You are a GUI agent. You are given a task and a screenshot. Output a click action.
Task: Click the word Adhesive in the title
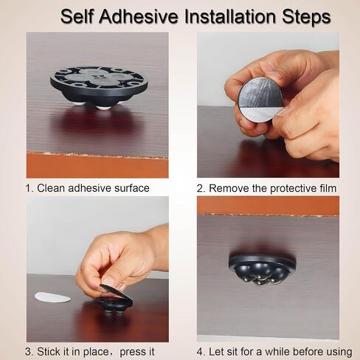pyautogui.click(x=139, y=17)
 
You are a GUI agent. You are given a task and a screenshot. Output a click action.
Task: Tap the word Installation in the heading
pyautogui.click(x=230, y=17)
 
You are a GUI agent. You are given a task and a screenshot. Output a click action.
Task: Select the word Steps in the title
pyautogui.click(x=306, y=18)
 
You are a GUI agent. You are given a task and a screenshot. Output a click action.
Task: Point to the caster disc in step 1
pyautogui.click(x=99, y=87)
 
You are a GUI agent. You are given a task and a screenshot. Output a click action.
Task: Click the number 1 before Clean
pyautogui.click(x=29, y=188)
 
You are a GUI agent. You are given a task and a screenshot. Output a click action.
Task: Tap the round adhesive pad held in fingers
pyautogui.click(x=260, y=102)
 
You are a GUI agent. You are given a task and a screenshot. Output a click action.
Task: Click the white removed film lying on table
pyautogui.click(x=52, y=297)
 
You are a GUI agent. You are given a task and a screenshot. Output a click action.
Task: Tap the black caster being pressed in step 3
pyautogui.click(x=114, y=300)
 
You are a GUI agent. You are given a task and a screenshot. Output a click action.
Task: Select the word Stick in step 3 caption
pyautogui.click(x=49, y=352)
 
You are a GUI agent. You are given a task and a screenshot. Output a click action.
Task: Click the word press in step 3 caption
pyautogui.click(x=133, y=353)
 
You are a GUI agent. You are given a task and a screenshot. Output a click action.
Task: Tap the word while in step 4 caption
pyautogui.click(x=278, y=352)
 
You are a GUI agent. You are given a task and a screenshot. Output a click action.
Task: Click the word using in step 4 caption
pyautogui.click(x=339, y=353)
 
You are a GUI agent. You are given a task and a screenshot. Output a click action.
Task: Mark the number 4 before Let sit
pyautogui.click(x=201, y=352)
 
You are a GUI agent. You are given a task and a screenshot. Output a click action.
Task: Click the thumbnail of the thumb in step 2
pyautogui.click(x=283, y=111)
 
